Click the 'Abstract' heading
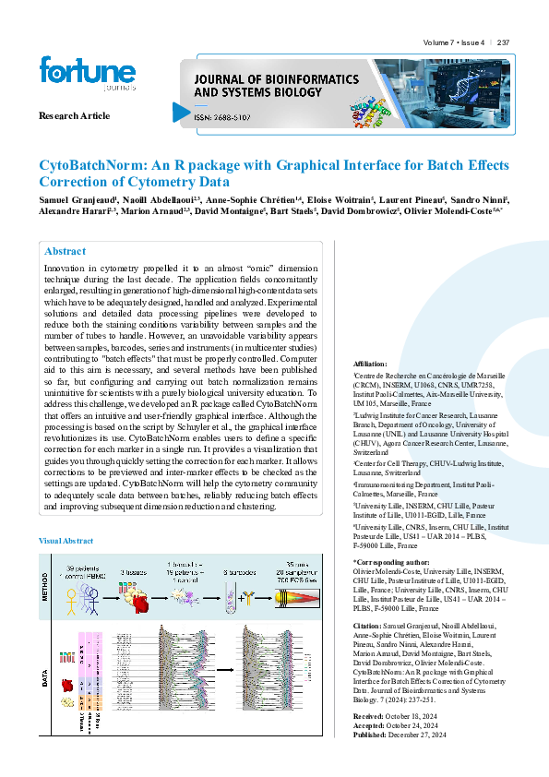pyautogui.click(x=66, y=251)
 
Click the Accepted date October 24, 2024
pyautogui.click(x=421, y=724)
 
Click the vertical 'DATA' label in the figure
pyautogui.click(x=44, y=681)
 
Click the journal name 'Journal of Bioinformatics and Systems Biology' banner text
pyautogui.click(x=260, y=86)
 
